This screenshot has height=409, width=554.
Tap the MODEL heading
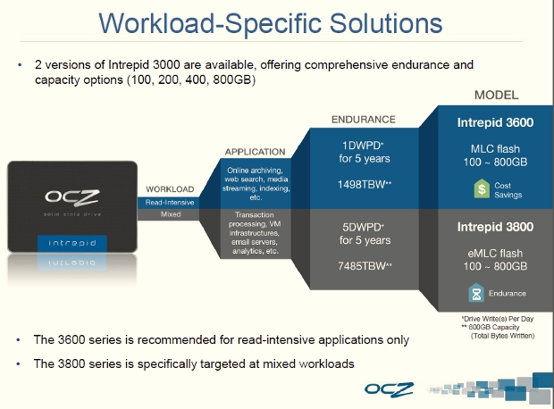point(496,96)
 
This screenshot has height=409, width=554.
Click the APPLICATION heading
point(255,152)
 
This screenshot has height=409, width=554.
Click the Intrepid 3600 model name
point(496,122)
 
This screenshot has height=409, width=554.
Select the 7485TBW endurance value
point(360,266)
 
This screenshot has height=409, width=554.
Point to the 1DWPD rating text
point(360,146)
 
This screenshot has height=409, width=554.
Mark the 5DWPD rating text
point(360,227)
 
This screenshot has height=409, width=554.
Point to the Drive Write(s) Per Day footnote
point(499,319)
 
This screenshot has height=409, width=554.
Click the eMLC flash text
point(496,253)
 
